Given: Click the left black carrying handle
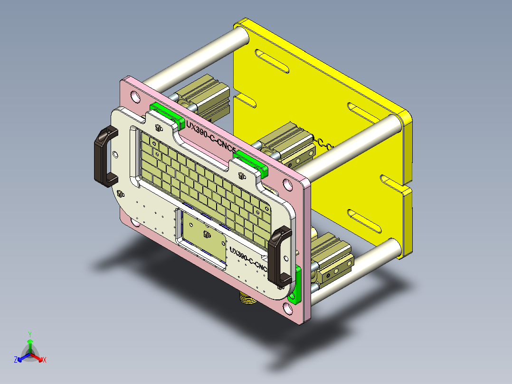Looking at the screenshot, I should (x=102, y=157).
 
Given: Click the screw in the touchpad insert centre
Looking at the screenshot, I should (x=206, y=235).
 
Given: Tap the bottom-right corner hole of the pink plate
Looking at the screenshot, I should (x=290, y=309).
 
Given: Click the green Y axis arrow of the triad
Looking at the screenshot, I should (x=29, y=341).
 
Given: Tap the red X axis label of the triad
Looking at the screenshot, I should (x=45, y=360).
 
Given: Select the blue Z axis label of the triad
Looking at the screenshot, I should (x=16, y=360).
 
